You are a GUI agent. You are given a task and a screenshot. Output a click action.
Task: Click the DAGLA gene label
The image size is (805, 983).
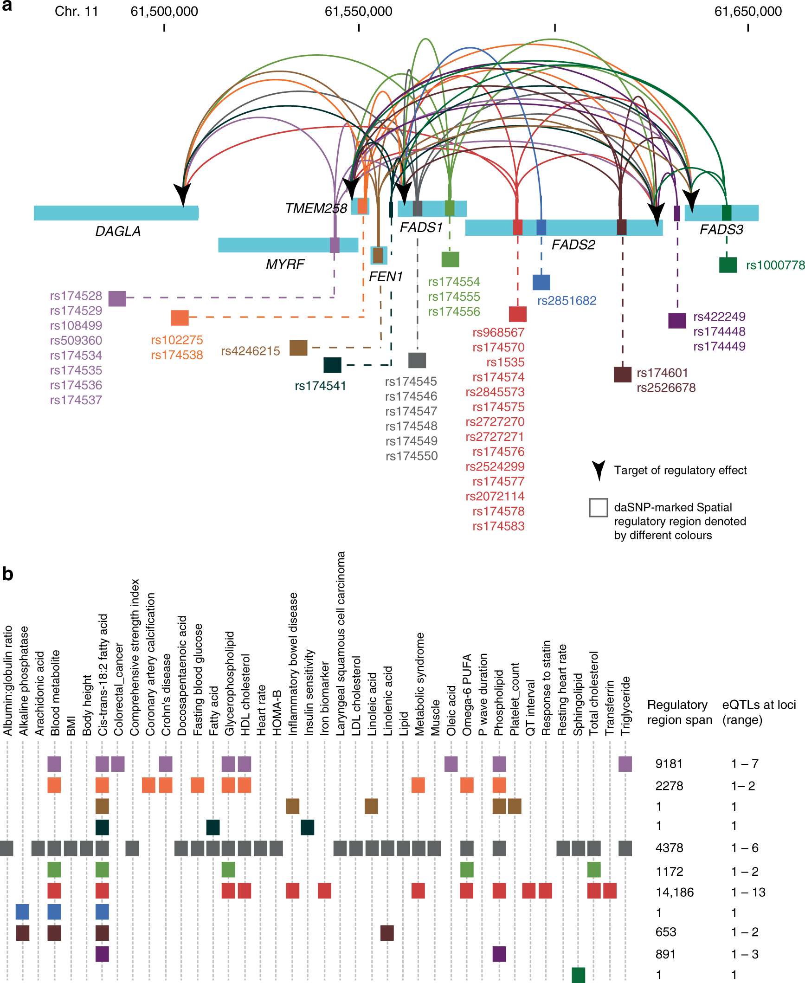pos(118,231)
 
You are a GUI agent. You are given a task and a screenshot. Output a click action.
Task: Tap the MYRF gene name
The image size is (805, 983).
pos(285,264)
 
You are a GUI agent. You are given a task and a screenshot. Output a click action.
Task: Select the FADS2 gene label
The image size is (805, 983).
pos(573,245)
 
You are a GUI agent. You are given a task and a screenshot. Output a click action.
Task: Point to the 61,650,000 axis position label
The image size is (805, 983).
pos(748,12)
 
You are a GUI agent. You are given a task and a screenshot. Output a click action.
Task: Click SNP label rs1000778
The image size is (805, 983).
pos(775,265)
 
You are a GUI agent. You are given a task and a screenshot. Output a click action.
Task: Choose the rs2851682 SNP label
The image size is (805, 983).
pos(567,301)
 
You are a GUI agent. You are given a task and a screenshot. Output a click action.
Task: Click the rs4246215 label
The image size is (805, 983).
pos(251,351)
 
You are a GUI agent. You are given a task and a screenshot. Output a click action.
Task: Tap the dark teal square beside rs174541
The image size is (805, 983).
pos(332,365)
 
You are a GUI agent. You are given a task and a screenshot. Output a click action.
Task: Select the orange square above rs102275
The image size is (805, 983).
pos(180,318)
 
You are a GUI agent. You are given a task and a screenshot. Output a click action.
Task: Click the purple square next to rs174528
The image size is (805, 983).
pos(117,298)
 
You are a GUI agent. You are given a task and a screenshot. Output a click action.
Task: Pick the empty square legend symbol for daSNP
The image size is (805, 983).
pos(599,507)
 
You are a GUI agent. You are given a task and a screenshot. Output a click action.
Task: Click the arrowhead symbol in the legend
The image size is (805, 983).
pos(599,471)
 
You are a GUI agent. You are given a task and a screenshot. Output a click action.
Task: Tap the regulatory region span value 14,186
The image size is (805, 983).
pos(675,892)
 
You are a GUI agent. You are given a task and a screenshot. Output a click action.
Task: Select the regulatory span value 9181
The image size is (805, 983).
pos(669,763)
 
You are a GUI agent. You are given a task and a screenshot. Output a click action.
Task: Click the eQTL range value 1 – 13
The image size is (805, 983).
pos(748,892)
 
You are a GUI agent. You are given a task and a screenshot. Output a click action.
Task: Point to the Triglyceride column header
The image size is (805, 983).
pos(625,705)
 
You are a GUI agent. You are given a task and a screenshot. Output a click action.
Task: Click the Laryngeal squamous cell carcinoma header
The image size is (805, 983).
pos(341,643)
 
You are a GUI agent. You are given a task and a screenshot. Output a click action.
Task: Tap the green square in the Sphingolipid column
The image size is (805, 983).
pos(578,975)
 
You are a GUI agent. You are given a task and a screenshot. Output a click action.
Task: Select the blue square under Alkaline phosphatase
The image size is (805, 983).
pos(22,912)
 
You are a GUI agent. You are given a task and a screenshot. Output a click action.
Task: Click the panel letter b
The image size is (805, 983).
pos(7,574)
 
